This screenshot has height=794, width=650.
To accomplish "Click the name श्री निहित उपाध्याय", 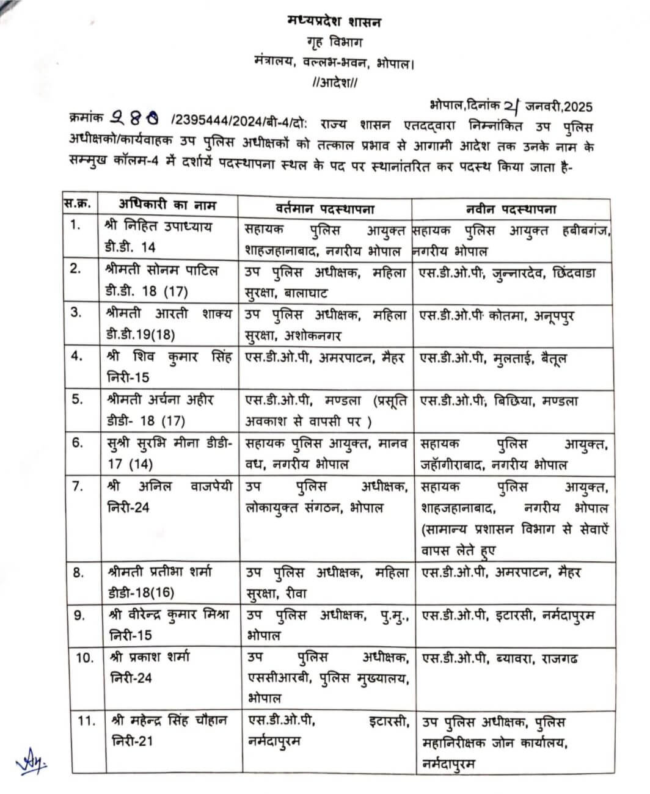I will [159, 228].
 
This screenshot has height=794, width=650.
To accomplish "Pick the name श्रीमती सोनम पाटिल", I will [162, 269].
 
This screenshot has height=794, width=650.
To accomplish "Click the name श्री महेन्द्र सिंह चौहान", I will [169, 721].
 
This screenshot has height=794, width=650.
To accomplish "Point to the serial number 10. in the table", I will [84, 658].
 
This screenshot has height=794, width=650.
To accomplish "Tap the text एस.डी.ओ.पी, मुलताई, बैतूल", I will [491, 359].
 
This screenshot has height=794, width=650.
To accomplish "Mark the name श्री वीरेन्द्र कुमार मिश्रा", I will [170, 615].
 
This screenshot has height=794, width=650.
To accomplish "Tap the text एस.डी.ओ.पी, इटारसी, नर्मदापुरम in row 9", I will [508, 615].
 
